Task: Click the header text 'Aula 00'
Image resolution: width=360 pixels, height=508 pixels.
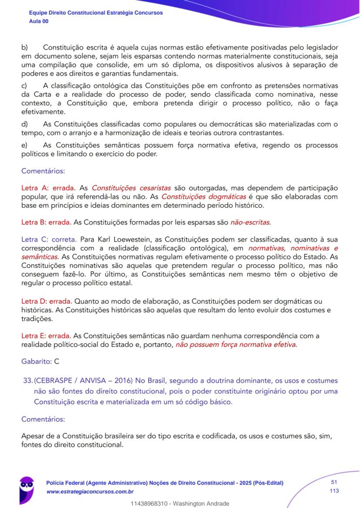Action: point(39,21)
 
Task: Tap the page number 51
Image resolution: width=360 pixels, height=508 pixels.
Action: point(334,482)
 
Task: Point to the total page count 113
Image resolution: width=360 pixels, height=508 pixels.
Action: point(334,491)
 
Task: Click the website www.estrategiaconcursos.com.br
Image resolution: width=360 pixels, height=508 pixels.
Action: point(90,491)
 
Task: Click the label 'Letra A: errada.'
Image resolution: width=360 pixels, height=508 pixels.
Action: point(48,188)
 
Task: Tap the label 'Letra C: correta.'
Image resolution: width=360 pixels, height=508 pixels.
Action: point(49,239)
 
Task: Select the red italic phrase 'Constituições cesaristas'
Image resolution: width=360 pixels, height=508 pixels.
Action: point(131,188)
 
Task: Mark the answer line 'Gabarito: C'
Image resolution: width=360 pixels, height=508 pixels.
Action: point(40,362)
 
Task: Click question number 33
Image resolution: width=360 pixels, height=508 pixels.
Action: point(27,381)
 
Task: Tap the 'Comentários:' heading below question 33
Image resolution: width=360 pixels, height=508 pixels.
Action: point(43,419)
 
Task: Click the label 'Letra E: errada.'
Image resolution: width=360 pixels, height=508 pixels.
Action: point(47,335)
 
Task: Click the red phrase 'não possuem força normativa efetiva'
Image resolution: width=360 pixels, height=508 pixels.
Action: point(236,345)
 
